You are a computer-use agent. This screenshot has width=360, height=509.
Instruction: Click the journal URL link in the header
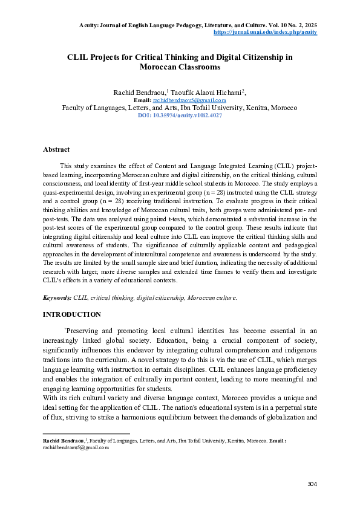[x=266, y=31]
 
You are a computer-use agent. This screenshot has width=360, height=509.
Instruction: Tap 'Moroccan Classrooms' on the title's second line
[x=180, y=68]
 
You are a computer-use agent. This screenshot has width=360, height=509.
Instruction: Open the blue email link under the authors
[x=189, y=100]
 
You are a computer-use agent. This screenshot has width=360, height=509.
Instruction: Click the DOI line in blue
[x=180, y=114]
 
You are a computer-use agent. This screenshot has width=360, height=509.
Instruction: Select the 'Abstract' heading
[x=56, y=149]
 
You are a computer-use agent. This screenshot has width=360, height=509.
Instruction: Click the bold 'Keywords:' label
[x=57, y=298]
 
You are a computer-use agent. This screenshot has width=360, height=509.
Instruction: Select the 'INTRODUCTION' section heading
[x=71, y=314]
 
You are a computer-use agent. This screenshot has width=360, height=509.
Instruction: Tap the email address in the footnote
[x=76, y=448]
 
